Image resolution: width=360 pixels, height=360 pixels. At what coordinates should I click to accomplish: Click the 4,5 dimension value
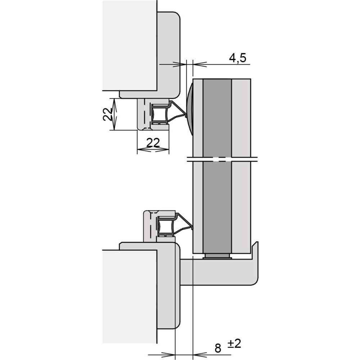click(x=237, y=58)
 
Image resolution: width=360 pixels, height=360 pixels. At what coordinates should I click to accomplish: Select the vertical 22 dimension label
click(x=107, y=114)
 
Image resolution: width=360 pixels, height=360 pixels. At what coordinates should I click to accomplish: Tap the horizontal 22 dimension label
click(x=153, y=143)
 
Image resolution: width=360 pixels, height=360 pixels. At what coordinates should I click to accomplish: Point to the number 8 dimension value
click(x=218, y=348)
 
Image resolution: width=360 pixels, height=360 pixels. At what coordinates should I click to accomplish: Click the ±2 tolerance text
click(x=234, y=344)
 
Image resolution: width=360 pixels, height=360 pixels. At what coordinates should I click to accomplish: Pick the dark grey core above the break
click(x=217, y=118)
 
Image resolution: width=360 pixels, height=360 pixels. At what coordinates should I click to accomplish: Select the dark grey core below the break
click(x=217, y=208)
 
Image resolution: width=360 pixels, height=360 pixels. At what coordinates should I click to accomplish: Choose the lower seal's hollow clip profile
click(x=166, y=226)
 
